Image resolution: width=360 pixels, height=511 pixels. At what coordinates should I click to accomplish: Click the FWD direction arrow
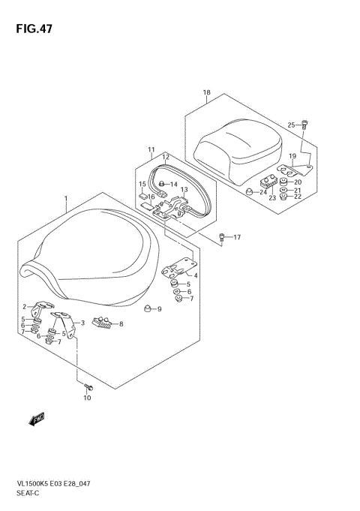coord(37,418)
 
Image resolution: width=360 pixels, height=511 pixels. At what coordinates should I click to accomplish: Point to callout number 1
coord(66,200)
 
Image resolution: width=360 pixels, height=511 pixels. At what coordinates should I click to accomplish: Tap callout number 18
coord(206,93)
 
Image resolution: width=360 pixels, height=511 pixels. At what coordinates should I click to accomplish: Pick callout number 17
coord(237,238)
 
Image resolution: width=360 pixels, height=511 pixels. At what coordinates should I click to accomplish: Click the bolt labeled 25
coord(304,123)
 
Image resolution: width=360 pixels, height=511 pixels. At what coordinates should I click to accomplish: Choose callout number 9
coord(159,308)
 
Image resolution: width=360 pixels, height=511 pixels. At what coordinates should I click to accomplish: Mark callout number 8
coord(121,324)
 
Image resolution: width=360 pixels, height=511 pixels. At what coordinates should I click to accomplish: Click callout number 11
coord(151,149)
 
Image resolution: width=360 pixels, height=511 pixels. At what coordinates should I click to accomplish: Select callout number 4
coord(196,276)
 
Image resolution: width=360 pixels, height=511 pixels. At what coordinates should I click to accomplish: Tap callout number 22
coord(297,198)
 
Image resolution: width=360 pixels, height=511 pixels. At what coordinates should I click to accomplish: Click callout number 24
coord(263,193)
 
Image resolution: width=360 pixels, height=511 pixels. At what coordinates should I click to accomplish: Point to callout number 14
coord(173,185)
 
